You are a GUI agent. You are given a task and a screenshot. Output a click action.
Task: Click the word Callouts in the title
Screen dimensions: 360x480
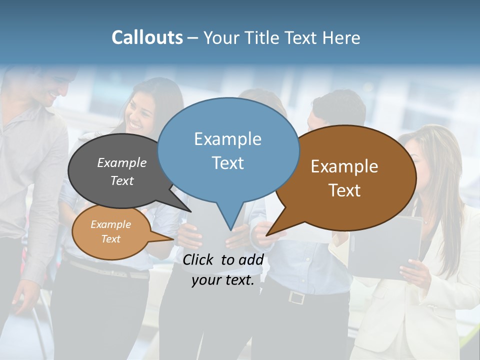click(147, 37)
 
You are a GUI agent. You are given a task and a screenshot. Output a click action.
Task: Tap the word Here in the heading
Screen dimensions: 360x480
click(341, 38)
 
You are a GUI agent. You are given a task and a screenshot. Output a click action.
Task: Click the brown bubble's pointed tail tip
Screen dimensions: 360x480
click(267, 234)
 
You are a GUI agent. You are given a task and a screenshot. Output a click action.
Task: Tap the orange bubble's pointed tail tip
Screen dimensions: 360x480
click(172, 239)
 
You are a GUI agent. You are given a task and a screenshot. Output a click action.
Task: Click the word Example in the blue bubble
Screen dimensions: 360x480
click(227, 139)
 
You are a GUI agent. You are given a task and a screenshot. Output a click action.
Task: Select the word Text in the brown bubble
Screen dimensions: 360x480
click(344, 190)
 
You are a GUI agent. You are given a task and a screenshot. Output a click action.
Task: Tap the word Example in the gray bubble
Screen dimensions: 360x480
click(121, 162)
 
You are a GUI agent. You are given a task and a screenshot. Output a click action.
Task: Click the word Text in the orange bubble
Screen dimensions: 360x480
click(110, 239)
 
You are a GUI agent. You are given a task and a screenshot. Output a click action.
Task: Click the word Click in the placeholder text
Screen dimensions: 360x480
click(197, 259)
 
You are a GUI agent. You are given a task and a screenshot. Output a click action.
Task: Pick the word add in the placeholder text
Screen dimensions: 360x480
click(250, 259)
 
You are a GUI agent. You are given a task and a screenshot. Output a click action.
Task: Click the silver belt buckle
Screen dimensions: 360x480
click(296, 297)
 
